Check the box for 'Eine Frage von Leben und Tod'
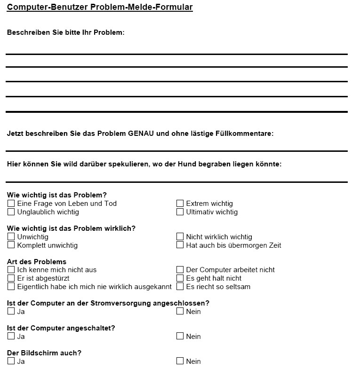point(11,204)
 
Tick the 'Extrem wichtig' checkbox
point(180,204)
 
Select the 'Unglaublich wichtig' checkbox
point(11,212)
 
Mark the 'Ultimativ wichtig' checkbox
point(180,212)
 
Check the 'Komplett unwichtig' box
point(11,245)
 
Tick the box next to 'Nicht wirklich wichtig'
point(180,237)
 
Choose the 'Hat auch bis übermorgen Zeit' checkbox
point(180,245)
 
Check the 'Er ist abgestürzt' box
point(11,278)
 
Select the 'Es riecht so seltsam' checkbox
point(180,287)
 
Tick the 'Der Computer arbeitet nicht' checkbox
point(180,270)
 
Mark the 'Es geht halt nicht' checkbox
point(180,278)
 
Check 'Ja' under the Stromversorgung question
point(11,311)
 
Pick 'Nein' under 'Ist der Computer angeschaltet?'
point(180,336)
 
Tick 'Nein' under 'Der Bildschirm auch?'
point(180,361)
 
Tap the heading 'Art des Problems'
point(37,262)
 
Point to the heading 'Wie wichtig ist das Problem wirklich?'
point(71,228)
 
